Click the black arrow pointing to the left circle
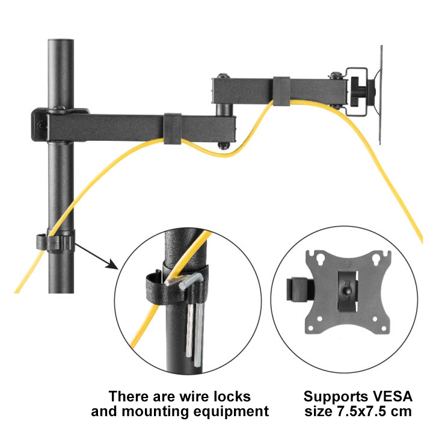[x=96, y=256]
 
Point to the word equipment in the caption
[x=231, y=412]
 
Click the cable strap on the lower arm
[x=173, y=129]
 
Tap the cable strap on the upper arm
[x=281, y=91]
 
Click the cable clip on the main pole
[x=56, y=242]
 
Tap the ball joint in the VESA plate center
[x=345, y=290]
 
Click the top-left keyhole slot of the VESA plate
[x=321, y=259]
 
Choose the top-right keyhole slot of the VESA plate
[x=376, y=259]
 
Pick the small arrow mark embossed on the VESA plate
[x=348, y=265]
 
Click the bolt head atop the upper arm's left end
[x=223, y=76]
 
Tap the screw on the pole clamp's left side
[x=41, y=125]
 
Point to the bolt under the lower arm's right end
[x=224, y=146]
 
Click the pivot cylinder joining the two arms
[x=223, y=109]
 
